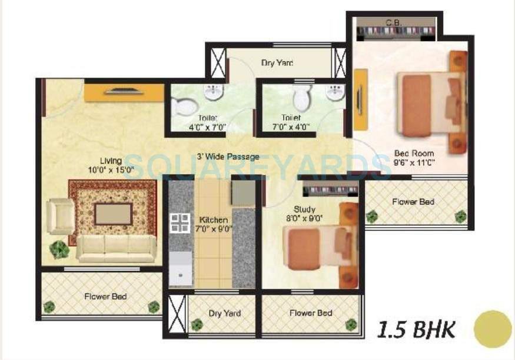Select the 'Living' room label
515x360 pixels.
pos(111,161)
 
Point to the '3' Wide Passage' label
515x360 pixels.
pos(228,157)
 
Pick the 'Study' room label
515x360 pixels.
pos(304,209)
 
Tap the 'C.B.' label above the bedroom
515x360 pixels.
pos(393,22)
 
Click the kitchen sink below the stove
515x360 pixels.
pos(180,267)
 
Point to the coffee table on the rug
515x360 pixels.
pos(114,214)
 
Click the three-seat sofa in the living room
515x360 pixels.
pos(117,248)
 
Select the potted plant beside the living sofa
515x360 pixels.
pos(59,249)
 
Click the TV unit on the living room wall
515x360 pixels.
pos(124,92)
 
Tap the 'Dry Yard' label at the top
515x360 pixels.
pos(277,62)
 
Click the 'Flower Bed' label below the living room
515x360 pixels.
pos(105,296)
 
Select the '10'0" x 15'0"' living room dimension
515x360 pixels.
pos(111,170)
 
